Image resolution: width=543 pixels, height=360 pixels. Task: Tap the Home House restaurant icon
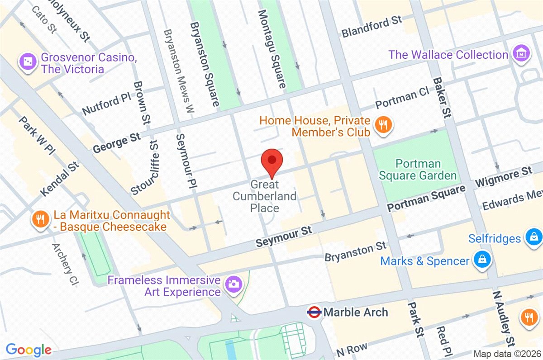pyautogui.click(x=384, y=126)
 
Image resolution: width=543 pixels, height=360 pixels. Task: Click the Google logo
pyautogui.click(x=29, y=350)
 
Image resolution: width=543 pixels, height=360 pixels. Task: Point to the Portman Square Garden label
pyautogui.click(x=418, y=169)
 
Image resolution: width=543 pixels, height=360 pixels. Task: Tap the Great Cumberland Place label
pyautogui.click(x=265, y=196)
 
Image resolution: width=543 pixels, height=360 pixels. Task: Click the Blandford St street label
pyautogui.click(x=372, y=26)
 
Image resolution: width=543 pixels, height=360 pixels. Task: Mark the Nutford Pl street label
pyautogui.click(x=106, y=104)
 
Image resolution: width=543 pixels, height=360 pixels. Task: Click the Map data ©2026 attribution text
pyautogui.click(x=506, y=353)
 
